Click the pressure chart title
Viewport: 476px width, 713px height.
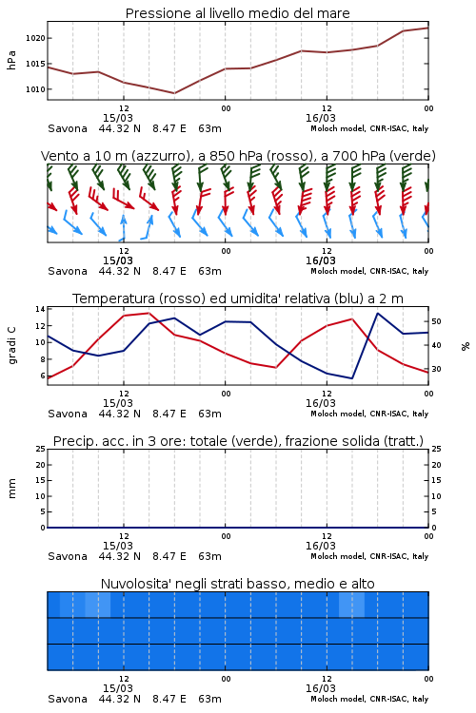(x=237, y=13)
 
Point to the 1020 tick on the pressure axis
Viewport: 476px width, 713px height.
(x=35, y=38)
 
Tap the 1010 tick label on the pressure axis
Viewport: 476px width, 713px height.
(x=35, y=89)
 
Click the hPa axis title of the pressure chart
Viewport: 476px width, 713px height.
(x=11, y=60)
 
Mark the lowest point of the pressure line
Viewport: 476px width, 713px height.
(x=174, y=93)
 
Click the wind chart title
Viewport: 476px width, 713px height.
(x=238, y=156)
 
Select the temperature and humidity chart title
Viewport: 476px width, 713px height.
(x=238, y=299)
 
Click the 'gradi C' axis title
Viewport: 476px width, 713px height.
(x=12, y=345)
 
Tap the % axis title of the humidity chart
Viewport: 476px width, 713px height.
(x=466, y=346)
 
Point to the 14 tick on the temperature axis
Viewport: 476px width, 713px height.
(x=40, y=309)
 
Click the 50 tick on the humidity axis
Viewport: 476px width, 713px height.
(x=436, y=321)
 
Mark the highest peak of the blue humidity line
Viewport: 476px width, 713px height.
(x=378, y=313)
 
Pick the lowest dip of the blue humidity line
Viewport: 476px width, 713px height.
(x=352, y=378)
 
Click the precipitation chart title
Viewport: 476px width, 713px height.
(x=238, y=441)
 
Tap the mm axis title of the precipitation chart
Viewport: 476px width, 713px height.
(x=12, y=489)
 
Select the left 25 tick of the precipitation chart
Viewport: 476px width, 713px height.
(x=40, y=449)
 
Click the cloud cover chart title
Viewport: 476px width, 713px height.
(x=237, y=584)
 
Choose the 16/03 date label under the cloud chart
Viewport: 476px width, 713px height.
(x=321, y=688)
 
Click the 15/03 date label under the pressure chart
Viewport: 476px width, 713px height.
(x=118, y=118)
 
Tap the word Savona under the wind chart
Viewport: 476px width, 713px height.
(x=68, y=271)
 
